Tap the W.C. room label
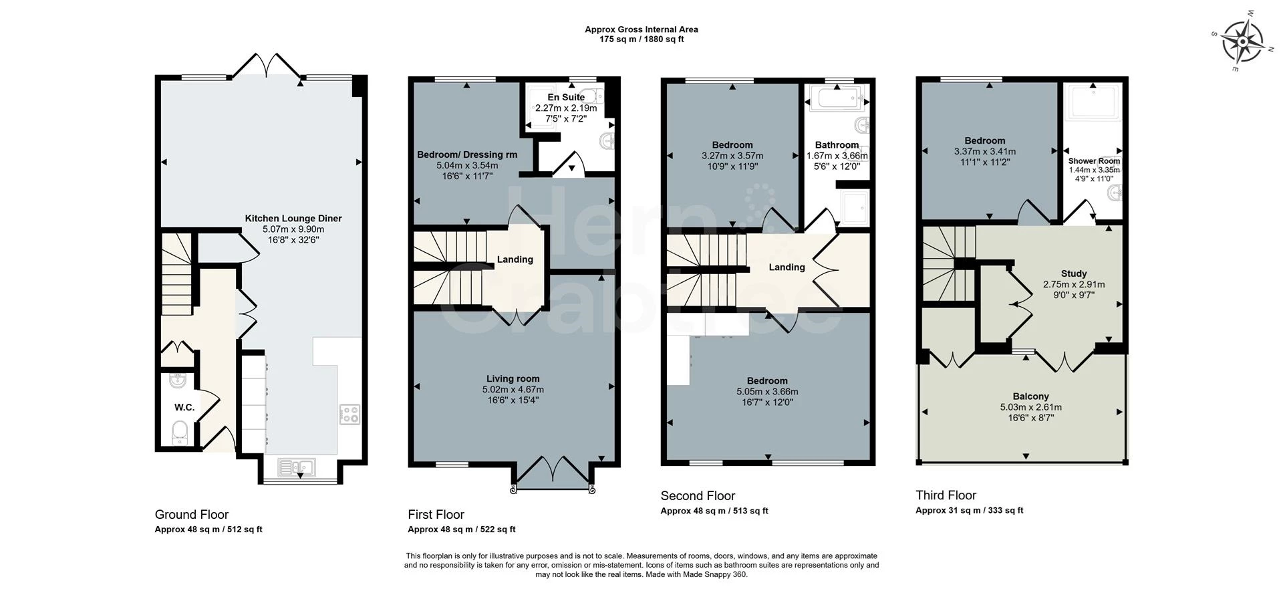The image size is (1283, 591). pyautogui.click(x=184, y=407)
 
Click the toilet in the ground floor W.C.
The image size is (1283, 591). pyautogui.click(x=179, y=431)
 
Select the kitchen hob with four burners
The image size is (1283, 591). pyautogui.click(x=349, y=414)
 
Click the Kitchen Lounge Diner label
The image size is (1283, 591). pyautogui.click(x=293, y=219)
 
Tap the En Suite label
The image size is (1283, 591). pyautogui.click(x=566, y=98)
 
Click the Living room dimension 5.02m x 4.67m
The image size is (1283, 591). pyautogui.click(x=513, y=389)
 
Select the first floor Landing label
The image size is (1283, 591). pyautogui.click(x=515, y=259)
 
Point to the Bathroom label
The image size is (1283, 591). pyautogui.click(x=837, y=145)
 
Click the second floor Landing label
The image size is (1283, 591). pyautogui.click(x=787, y=267)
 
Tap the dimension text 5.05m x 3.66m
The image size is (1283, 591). pyautogui.click(x=767, y=392)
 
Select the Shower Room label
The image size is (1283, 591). pyautogui.click(x=1094, y=161)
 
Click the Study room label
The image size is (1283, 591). pyautogui.click(x=1074, y=273)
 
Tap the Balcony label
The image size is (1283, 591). pyautogui.click(x=1030, y=396)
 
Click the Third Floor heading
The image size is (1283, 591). pyautogui.click(x=946, y=495)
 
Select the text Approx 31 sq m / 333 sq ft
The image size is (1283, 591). pyautogui.click(x=969, y=510)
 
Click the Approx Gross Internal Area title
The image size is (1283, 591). pyautogui.click(x=641, y=29)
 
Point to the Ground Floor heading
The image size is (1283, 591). pyautogui.click(x=192, y=514)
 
